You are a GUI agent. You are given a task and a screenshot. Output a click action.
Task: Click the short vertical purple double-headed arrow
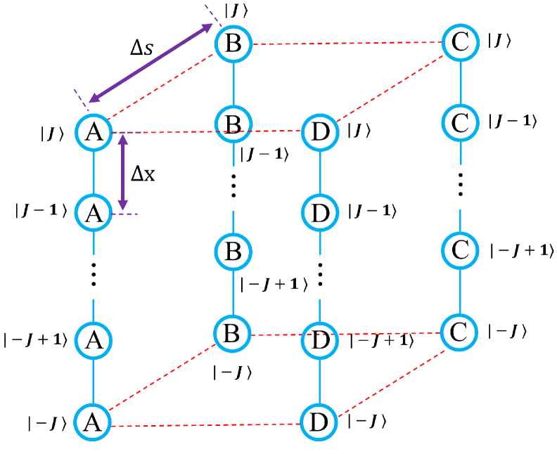pos(123,172)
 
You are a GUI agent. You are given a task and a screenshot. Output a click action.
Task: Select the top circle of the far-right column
pos(461,42)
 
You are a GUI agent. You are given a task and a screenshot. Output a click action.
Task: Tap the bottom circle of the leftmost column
pos(93,422)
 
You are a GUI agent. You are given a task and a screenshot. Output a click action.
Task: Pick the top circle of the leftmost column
pos(94,132)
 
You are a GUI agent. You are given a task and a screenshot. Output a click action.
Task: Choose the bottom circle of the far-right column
pos(459,332)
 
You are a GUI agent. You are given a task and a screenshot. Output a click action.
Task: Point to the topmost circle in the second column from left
pos(233,44)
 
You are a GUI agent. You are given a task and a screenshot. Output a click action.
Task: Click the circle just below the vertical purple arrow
pos(94,213)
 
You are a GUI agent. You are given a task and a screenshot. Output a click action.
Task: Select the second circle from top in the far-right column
pos(461,123)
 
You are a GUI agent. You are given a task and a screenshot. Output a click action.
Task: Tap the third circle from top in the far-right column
pos(461,251)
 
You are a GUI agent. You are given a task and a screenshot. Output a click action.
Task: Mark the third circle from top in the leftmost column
pos(93,340)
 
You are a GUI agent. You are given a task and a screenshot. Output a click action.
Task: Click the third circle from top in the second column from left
pos(233,252)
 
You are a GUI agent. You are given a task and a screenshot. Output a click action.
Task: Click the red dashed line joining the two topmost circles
pos(347,44)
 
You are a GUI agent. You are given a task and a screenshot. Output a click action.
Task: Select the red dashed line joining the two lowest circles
pos(205,425)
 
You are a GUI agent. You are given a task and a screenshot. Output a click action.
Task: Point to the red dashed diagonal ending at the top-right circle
pos(390,86)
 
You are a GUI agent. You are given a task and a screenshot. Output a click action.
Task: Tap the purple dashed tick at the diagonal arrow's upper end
pos(213,15)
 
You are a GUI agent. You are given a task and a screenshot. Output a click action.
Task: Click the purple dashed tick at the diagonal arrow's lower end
pos(82,100)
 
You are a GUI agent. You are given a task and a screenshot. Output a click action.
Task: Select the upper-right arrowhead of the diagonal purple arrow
pos(207,29)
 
